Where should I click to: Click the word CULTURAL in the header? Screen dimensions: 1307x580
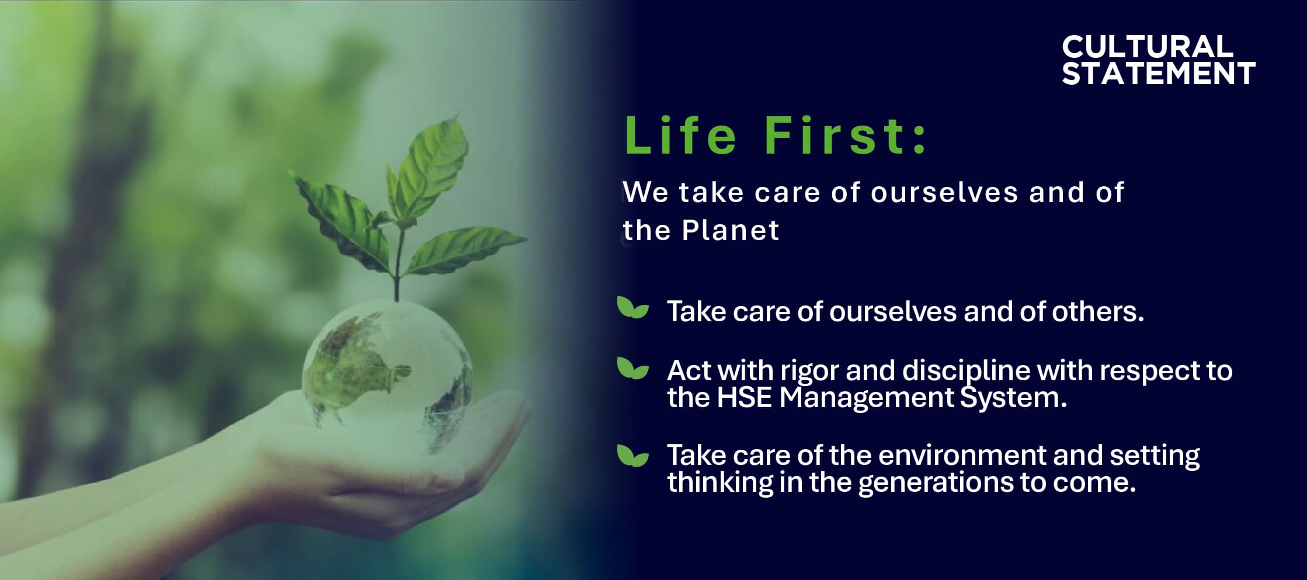click(1148, 46)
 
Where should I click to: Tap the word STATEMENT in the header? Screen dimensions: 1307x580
click(1159, 74)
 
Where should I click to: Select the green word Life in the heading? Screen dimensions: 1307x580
click(680, 136)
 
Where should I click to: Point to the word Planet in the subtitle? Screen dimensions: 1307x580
click(731, 230)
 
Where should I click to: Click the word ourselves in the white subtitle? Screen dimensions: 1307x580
click(944, 193)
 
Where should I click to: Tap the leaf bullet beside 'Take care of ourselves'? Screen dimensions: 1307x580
click(632, 308)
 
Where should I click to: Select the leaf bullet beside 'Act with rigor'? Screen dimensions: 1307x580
click(632, 368)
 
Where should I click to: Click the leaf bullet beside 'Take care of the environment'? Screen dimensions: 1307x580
click(632, 456)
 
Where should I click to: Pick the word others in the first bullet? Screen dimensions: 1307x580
click(1098, 311)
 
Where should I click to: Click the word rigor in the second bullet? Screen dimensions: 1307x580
click(809, 371)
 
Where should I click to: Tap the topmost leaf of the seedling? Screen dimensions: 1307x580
click(432, 164)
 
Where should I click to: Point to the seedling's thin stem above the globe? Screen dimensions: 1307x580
click(398, 263)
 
